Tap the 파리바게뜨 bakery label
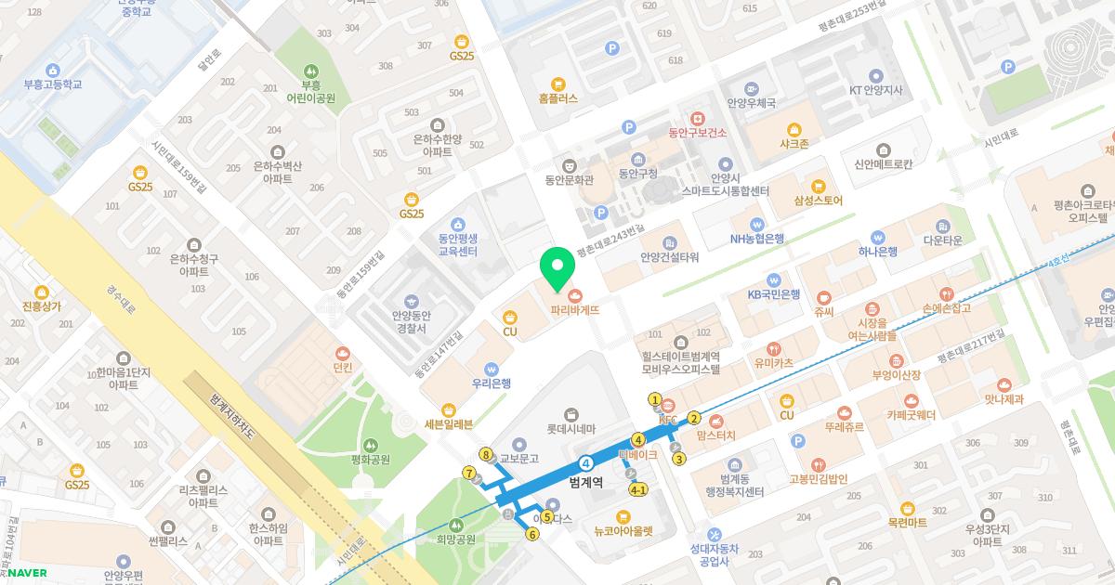coord(574,310)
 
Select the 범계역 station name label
coord(586,482)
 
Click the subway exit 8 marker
coord(485,454)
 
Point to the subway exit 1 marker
coord(655,400)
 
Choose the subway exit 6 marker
coord(532,534)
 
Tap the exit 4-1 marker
coord(638,489)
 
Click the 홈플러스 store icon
coord(557,82)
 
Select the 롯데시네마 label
coord(569,429)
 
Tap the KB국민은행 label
coord(773,294)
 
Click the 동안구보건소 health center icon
coord(697,118)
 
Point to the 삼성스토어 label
coord(818,200)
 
